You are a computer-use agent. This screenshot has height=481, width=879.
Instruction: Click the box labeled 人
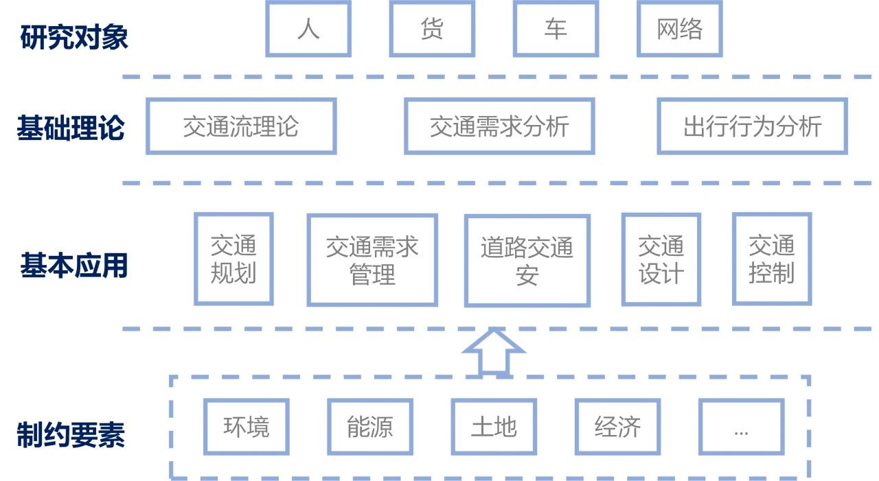pos(308,29)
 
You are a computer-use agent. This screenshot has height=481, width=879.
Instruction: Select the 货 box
pos(432,29)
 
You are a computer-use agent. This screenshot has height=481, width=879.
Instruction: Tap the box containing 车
pos(556,29)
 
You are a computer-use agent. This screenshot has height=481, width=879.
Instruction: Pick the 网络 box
pos(679,29)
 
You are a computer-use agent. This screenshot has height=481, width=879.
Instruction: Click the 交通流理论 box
pos(241,126)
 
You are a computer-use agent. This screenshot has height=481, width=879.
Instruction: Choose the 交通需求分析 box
pos(499,126)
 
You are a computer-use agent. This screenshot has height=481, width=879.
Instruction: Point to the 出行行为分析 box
pos(752,126)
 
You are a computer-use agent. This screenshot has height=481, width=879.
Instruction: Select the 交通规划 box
pos(233,259)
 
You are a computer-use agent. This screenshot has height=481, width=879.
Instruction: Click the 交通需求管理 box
pos(372,260)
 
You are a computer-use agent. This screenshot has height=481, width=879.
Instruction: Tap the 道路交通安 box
pos(527,261)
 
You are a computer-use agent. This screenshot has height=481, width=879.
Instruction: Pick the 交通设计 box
pos(661,259)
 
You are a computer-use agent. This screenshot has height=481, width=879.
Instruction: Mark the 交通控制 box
pos(772,259)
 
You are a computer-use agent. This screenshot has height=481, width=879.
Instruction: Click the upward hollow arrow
pos(494,352)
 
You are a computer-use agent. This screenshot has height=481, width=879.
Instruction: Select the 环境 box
pos(246,427)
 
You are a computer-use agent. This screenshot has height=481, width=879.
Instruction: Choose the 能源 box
pos(370,427)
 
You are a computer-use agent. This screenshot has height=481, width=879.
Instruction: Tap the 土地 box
pos(494,427)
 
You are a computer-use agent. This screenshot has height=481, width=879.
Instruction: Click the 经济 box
pos(617,427)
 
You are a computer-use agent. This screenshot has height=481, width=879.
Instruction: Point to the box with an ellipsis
pos(741,427)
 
